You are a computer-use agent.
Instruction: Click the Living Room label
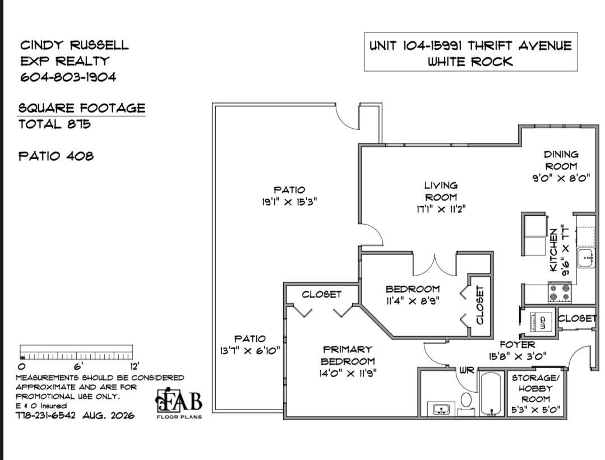pos(441,191)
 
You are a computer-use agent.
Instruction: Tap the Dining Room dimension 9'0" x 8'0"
pos(561,178)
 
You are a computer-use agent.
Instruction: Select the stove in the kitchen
pos(560,292)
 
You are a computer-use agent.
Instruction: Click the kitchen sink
pos(586,258)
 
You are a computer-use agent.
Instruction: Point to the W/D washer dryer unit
pos(538,321)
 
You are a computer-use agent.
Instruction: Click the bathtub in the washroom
pos(491,394)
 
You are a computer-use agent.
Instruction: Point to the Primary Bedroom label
pos(348,355)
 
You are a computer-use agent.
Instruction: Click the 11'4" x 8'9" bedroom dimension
pos(413,301)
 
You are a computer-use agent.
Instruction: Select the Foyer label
pos(518,345)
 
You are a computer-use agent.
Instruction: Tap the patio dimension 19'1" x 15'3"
pos(289,202)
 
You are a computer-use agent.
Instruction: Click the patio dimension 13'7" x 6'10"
pos(250,351)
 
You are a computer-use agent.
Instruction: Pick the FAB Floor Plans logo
pos(179,402)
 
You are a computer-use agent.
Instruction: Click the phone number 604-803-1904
pos(68,77)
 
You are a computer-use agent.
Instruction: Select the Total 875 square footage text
pos(54,124)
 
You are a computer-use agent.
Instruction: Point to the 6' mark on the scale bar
pos(77,365)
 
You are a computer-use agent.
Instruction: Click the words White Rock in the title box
pos(470,61)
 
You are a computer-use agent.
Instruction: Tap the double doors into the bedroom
pos(435,266)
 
